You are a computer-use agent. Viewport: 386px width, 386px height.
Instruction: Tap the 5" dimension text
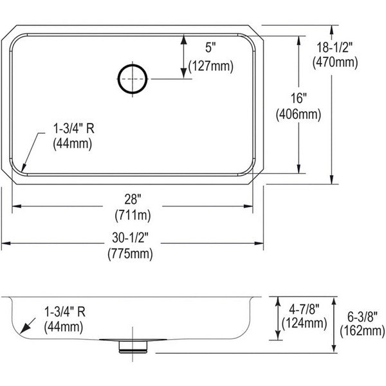[x=210, y=47]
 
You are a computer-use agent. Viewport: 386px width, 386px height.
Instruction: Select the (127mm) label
[x=211, y=66]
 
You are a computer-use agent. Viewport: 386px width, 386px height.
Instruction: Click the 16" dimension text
[x=299, y=98]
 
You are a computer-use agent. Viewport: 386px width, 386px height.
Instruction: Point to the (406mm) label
[x=299, y=115]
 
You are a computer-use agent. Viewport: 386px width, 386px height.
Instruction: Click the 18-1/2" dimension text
[x=335, y=47]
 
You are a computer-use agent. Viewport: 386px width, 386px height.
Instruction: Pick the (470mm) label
[x=335, y=62]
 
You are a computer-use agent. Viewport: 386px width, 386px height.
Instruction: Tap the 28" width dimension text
[x=133, y=199]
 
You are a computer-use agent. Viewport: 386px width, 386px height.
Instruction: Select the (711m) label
[x=133, y=216]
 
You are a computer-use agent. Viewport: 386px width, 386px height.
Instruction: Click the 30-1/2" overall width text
[x=131, y=237]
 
